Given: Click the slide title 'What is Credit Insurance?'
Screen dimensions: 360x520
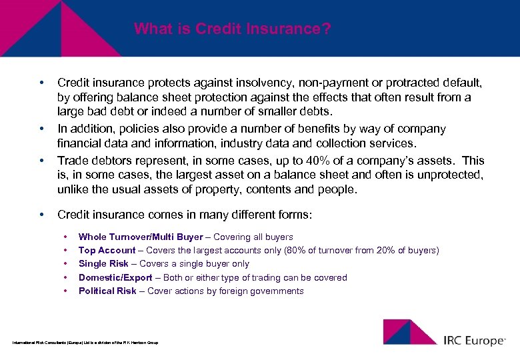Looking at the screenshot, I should pos(232,29).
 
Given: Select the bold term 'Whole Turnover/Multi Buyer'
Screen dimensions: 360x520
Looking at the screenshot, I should pos(140,237).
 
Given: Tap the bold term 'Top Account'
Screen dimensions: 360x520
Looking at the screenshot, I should pos(107,251).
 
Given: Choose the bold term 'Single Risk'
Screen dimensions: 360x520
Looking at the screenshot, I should pos(103,264).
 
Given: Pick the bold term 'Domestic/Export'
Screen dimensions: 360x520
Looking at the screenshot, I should pos(115,277).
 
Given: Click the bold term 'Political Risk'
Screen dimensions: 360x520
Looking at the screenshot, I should pos(107,291).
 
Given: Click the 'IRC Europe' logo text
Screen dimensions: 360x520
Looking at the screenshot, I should pos(474,341).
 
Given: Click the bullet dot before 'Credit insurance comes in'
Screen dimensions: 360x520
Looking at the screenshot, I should pos(41,215).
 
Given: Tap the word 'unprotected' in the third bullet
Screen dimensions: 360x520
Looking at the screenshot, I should pos(455,175).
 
